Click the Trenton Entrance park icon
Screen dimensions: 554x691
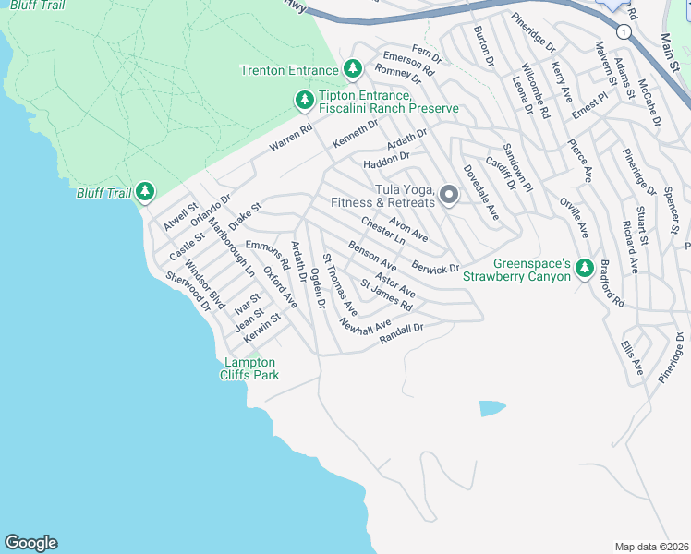click(352, 69)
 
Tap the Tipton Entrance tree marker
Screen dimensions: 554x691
click(303, 99)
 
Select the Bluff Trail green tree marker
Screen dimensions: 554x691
click(144, 191)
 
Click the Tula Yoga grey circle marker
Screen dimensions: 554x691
click(448, 194)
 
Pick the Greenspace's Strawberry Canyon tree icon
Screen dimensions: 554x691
click(584, 268)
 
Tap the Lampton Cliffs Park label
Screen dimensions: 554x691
click(249, 369)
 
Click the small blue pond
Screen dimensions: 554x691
click(492, 407)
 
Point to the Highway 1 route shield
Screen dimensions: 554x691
click(625, 31)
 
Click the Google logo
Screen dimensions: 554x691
click(30, 543)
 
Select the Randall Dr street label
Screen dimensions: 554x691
click(401, 332)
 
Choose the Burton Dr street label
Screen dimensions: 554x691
click(483, 44)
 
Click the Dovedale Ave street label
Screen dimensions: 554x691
click(480, 192)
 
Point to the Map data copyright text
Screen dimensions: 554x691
click(651, 546)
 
